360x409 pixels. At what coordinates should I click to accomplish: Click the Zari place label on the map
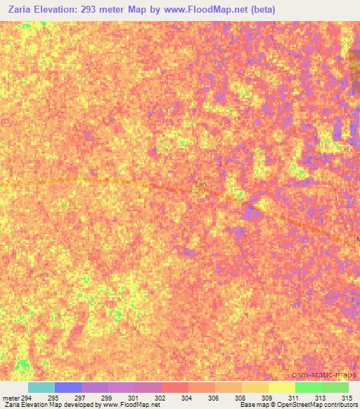point(200,184)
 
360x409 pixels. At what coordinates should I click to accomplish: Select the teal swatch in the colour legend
point(41,387)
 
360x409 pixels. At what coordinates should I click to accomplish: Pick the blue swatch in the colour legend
point(68,387)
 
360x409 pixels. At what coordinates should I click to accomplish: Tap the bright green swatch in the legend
point(309,387)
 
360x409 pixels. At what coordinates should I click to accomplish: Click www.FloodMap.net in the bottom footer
point(130,405)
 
